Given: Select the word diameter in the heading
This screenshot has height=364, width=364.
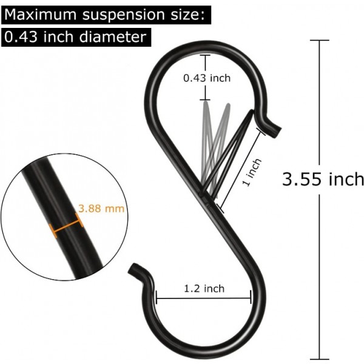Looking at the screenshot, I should click(x=116, y=37).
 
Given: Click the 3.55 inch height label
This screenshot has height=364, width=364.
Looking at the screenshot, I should click(x=323, y=179).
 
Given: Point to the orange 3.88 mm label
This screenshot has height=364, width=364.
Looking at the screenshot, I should click(x=101, y=208).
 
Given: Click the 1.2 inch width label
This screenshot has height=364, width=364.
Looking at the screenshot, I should click(x=203, y=289).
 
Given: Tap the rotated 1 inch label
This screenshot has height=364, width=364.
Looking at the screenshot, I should click(x=254, y=172).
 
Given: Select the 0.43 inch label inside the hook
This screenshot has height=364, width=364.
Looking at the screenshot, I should click(x=207, y=78).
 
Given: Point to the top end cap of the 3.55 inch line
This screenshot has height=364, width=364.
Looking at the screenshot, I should click(x=319, y=41).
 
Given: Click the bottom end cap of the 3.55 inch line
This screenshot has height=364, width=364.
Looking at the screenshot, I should click(x=319, y=359).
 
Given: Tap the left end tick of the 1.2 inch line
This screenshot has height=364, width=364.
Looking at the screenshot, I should click(x=157, y=297).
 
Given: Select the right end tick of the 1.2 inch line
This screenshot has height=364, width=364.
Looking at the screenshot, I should click(x=251, y=297).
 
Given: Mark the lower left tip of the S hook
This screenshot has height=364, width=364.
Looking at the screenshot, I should click(x=135, y=267).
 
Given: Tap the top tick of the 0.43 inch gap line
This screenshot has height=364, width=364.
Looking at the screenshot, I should click(x=207, y=56).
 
